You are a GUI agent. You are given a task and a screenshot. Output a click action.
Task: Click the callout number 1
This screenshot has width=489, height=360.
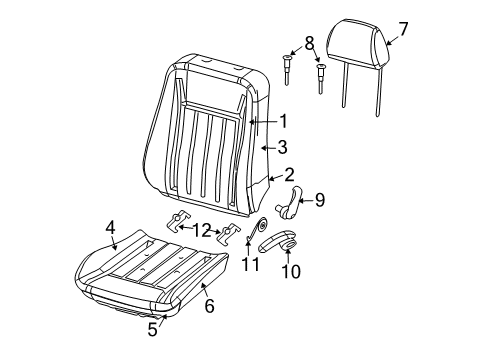[x=283, y=122]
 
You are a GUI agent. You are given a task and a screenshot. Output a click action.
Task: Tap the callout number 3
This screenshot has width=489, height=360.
[x=283, y=147]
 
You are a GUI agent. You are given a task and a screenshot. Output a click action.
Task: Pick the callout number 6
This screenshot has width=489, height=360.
[x=209, y=307]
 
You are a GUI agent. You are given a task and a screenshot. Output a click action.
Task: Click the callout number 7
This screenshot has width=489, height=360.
[x=404, y=28]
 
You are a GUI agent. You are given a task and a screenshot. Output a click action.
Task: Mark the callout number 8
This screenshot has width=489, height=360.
[x=309, y=44]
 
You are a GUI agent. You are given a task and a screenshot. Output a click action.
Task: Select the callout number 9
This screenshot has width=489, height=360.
[x=320, y=200]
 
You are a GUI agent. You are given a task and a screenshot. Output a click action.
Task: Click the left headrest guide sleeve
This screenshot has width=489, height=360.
[x=290, y=70]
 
